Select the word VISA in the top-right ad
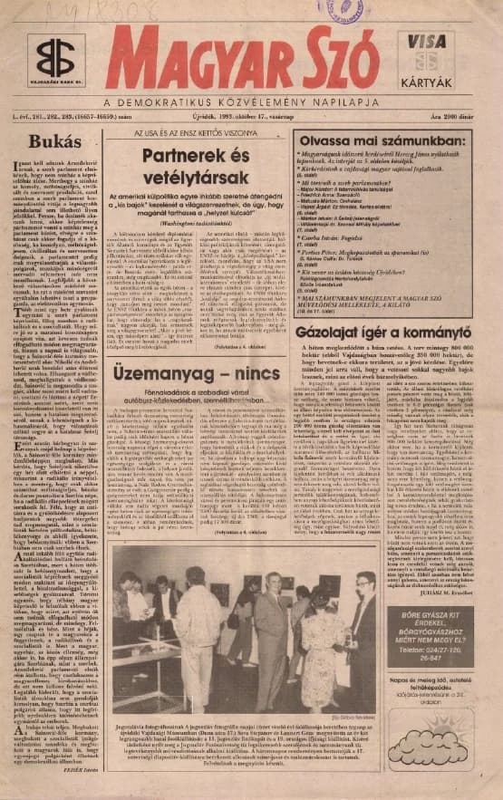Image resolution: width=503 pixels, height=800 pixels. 426,42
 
